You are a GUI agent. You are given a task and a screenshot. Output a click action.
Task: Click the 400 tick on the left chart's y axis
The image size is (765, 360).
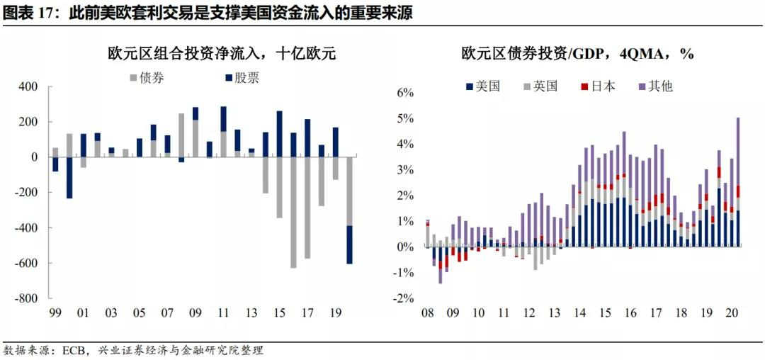pos(28,86)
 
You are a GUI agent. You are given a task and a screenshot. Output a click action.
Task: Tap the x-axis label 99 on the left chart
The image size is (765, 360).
pos(55,313)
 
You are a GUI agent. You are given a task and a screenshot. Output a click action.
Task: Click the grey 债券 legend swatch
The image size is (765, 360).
pos(134,78)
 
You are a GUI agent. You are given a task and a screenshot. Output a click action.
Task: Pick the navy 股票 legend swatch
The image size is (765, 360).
pos(229,78)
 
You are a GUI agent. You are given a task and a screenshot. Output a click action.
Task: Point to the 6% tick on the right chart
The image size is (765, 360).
pos(404,93)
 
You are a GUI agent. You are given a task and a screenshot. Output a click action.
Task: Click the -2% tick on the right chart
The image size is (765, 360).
pos(403,298)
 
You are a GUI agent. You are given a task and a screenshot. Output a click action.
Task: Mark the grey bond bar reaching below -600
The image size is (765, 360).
pos(293,213)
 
